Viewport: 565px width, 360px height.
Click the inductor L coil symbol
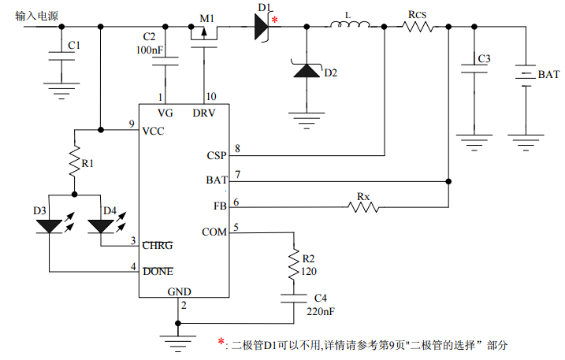348,28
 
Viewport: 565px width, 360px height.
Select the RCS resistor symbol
417,28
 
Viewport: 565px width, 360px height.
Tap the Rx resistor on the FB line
363,207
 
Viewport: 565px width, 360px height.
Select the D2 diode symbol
305,71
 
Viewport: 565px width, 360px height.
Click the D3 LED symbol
49,226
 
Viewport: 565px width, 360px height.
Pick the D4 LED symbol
100,226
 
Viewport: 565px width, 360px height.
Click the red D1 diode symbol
261,28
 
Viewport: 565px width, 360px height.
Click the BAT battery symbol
523,74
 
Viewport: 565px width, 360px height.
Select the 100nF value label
150,50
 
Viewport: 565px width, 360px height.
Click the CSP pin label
216,155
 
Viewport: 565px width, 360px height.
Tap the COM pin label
214,232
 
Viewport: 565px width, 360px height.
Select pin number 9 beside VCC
132,124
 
